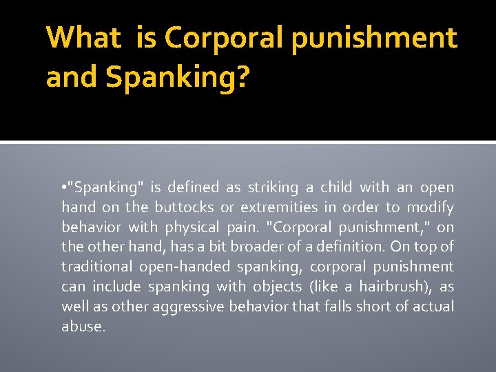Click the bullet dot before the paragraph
click(x=63, y=188)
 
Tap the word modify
click(x=430, y=207)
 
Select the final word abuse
click(x=83, y=326)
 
